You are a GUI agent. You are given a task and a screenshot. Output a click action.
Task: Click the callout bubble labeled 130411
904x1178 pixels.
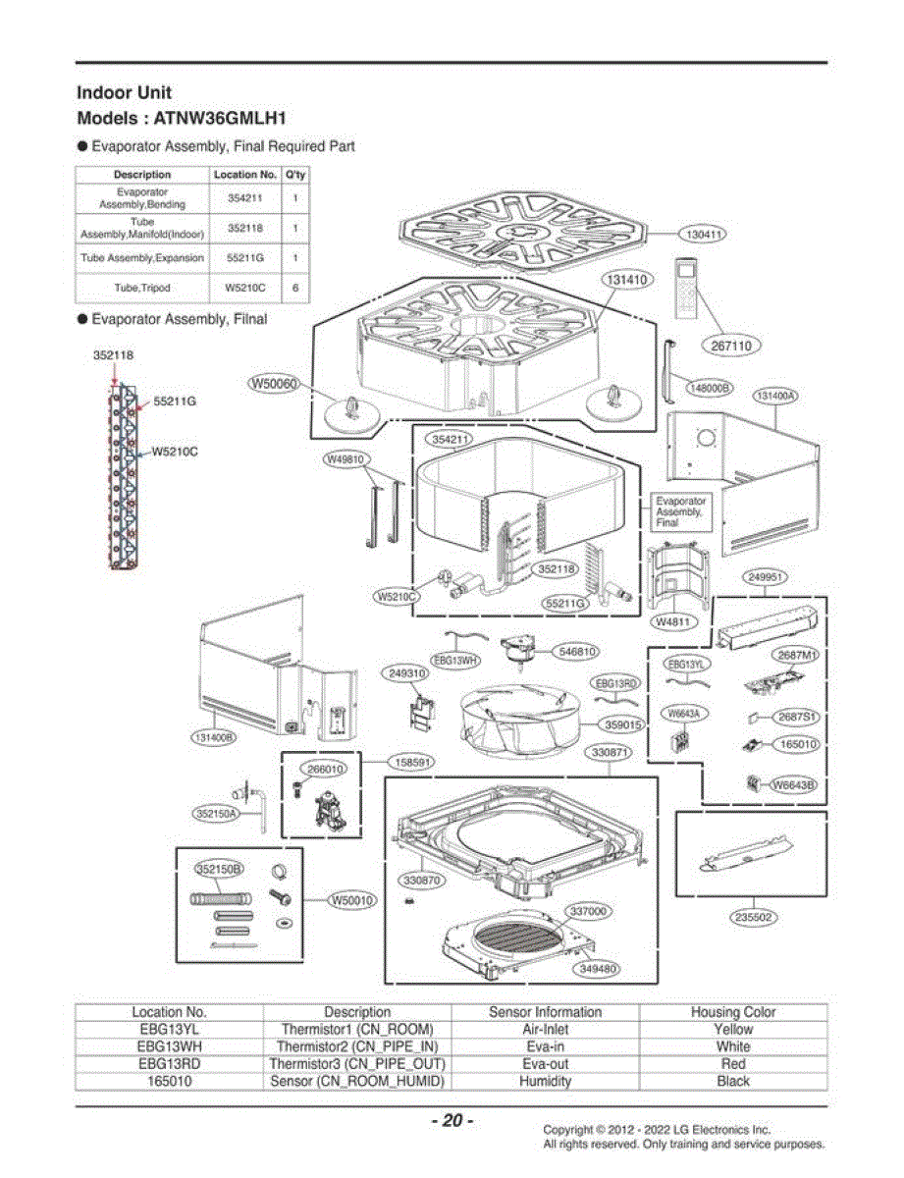click(703, 235)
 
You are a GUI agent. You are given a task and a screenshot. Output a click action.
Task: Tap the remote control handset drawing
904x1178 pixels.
click(685, 289)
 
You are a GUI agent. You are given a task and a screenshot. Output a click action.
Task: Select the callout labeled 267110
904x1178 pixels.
click(731, 346)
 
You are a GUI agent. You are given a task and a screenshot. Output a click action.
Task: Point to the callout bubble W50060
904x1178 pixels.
click(274, 384)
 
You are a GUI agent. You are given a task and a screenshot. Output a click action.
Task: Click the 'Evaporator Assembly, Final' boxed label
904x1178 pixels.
click(681, 511)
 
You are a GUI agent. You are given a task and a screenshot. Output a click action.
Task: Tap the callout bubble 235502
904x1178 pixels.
click(754, 917)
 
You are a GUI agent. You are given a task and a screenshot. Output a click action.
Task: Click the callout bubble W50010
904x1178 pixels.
click(352, 900)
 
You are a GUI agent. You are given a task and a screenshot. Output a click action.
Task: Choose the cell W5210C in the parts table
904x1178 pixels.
click(245, 288)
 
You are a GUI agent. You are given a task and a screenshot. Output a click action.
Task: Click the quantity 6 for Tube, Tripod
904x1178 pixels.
click(295, 288)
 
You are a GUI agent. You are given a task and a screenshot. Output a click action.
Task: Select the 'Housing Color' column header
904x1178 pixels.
click(733, 1011)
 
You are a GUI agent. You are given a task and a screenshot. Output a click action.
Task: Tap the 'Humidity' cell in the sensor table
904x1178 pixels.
click(545, 1081)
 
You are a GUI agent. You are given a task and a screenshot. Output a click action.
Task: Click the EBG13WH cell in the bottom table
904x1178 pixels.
click(169, 1046)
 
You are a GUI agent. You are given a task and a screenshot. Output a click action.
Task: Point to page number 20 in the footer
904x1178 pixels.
click(452, 1120)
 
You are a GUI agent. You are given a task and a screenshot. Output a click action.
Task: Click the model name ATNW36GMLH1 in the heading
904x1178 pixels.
click(220, 118)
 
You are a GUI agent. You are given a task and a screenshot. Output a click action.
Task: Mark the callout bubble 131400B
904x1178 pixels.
click(215, 737)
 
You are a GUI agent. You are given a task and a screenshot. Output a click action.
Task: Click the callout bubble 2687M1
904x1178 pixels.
click(795, 655)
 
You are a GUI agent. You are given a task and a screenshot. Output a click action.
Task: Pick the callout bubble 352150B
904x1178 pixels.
click(219, 869)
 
